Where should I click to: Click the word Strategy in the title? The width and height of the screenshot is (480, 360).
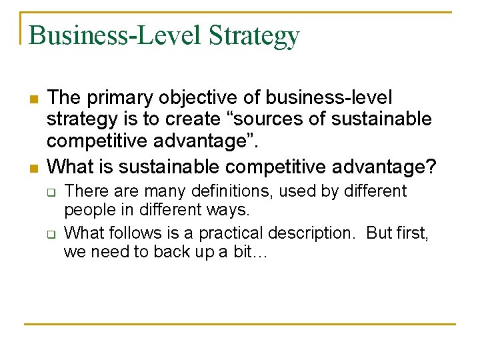point(254,36)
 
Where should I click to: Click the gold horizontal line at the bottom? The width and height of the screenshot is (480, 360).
point(240,324)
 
